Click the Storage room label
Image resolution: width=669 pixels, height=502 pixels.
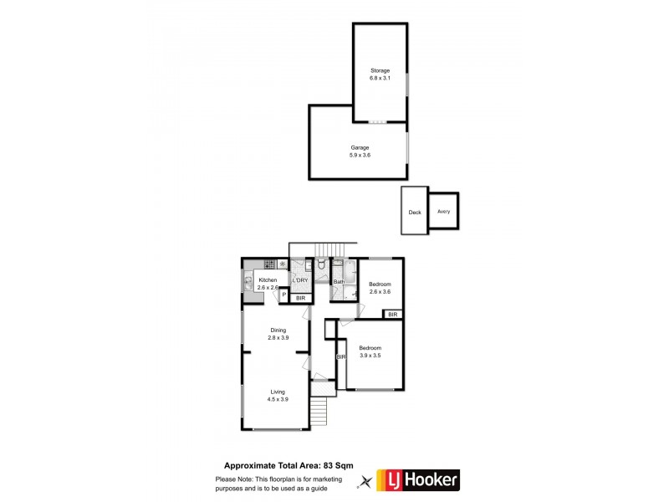pyautogui.click(x=380, y=70)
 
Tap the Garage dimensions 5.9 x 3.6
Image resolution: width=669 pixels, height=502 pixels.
pyautogui.click(x=360, y=155)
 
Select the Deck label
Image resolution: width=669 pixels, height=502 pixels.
pyautogui.click(x=415, y=212)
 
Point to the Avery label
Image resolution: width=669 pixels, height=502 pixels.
pyautogui.click(x=443, y=211)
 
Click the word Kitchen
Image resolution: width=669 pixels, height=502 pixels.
pyautogui.click(x=268, y=279)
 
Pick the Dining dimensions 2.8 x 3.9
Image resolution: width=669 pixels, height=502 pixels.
pyautogui.click(x=278, y=337)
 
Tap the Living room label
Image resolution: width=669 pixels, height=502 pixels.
pyautogui.click(x=278, y=392)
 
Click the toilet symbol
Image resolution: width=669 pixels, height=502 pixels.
pyautogui.click(x=321, y=266)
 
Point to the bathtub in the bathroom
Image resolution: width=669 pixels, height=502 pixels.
pyautogui.click(x=339, y=272)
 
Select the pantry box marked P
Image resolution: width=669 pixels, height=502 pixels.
pyautogui.click(x=283, y=295)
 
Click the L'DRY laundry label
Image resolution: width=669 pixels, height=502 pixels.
pyautogui.click(x=300, y=280)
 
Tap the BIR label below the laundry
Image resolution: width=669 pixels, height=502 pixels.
pyautogui.click(x=300, y=298)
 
